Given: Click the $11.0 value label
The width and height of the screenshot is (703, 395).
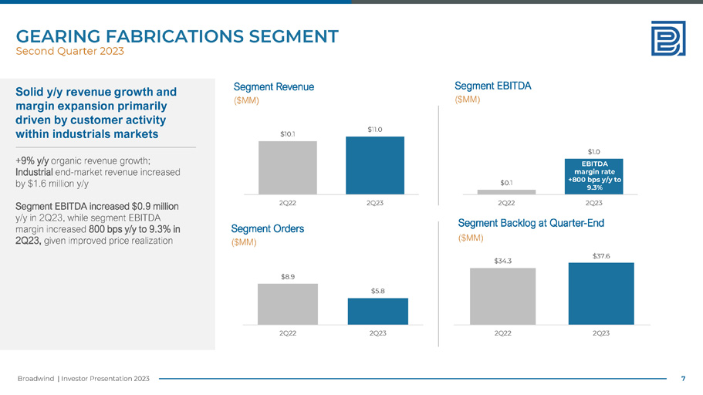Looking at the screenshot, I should click(375, 129).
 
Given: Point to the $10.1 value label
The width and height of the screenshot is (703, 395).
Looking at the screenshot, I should click(287, 133).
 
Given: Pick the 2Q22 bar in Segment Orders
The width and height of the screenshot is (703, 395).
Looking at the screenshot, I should click(287, 304).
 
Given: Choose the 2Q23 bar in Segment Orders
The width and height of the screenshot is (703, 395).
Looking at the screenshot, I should click(377, 311).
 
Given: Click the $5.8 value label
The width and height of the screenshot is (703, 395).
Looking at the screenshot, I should click(377, 290).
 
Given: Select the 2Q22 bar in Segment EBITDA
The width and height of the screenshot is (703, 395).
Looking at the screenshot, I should click(506, 191).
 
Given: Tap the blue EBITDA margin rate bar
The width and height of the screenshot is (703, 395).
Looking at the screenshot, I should click(594, 176).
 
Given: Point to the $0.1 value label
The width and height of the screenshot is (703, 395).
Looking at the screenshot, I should click(506, 182).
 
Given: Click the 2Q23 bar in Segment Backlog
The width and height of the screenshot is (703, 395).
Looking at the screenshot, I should click(600, 294).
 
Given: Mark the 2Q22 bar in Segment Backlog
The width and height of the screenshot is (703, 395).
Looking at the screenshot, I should click(502, 296).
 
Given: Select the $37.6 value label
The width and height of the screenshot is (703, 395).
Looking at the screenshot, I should click(600, 255).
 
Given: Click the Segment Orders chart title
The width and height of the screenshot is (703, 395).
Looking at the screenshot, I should click(267, 228).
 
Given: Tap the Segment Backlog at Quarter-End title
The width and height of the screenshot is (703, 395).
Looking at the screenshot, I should click(531, 223).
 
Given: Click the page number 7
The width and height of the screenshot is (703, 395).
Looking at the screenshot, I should click(683, 378).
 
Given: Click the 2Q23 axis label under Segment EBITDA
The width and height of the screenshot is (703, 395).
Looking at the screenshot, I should click(594, 202).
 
